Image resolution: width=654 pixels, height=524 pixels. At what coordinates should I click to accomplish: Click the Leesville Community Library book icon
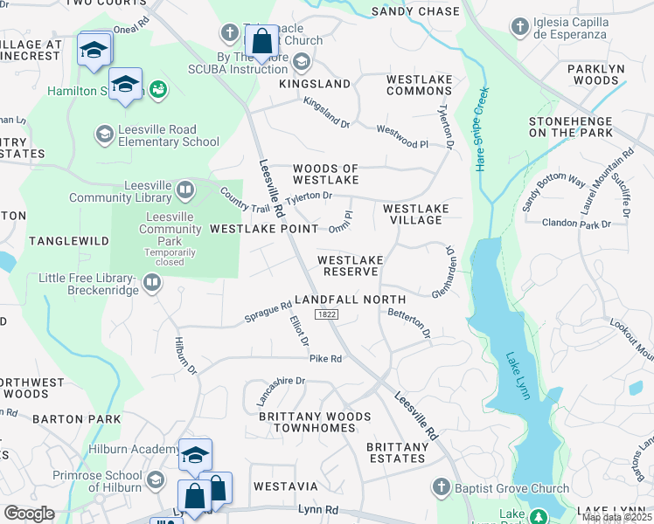click(185, 190)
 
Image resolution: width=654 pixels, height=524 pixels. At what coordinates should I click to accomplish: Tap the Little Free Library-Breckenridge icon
click(152, 282)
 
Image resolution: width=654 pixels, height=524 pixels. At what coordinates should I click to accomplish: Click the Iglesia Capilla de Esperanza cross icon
click(521, 24)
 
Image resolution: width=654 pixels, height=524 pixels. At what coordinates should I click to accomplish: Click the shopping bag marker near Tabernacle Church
click(262, 40)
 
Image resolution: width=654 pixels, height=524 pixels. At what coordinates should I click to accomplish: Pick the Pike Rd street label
click(324, 358)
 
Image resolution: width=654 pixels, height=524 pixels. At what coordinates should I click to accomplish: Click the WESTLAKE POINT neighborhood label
click(264, 229)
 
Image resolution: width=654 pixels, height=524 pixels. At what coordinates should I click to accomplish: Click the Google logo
click(30, 514)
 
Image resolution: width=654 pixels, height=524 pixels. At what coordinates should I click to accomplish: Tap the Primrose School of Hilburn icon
click(156, 479)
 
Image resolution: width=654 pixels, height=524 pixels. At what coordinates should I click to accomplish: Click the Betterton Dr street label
click(409, 321)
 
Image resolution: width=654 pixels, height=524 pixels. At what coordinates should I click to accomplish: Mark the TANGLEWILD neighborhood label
click(59, 240)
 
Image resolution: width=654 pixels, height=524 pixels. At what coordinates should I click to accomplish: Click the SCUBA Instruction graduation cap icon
click(302, 61)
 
